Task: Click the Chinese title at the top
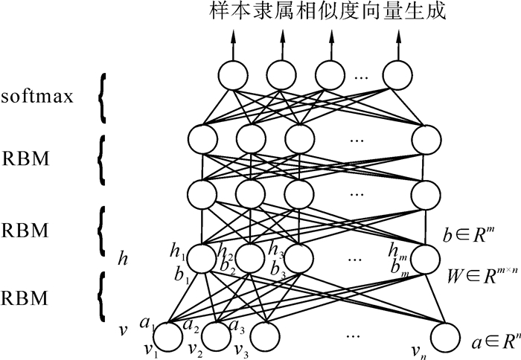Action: point(323,13)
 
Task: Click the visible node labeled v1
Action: point(168,337)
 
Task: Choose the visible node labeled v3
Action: point(261,337)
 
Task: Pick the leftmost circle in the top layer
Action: point(234,74)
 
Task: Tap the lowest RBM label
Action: point(25,299)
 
